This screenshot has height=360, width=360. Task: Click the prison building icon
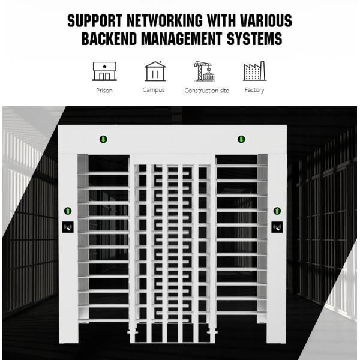104,71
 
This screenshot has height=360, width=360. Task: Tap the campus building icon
154,71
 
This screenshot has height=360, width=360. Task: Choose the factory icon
254,71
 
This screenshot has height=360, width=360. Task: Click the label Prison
104,91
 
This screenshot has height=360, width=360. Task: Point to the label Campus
154,90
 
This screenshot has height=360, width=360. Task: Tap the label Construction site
206,91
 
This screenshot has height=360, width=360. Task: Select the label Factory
254,90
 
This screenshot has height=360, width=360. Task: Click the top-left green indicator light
103,140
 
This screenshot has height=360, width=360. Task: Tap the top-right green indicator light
241,140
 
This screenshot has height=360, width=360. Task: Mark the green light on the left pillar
68,211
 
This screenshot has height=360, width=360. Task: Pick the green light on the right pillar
277,211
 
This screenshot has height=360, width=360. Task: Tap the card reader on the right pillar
277,227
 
